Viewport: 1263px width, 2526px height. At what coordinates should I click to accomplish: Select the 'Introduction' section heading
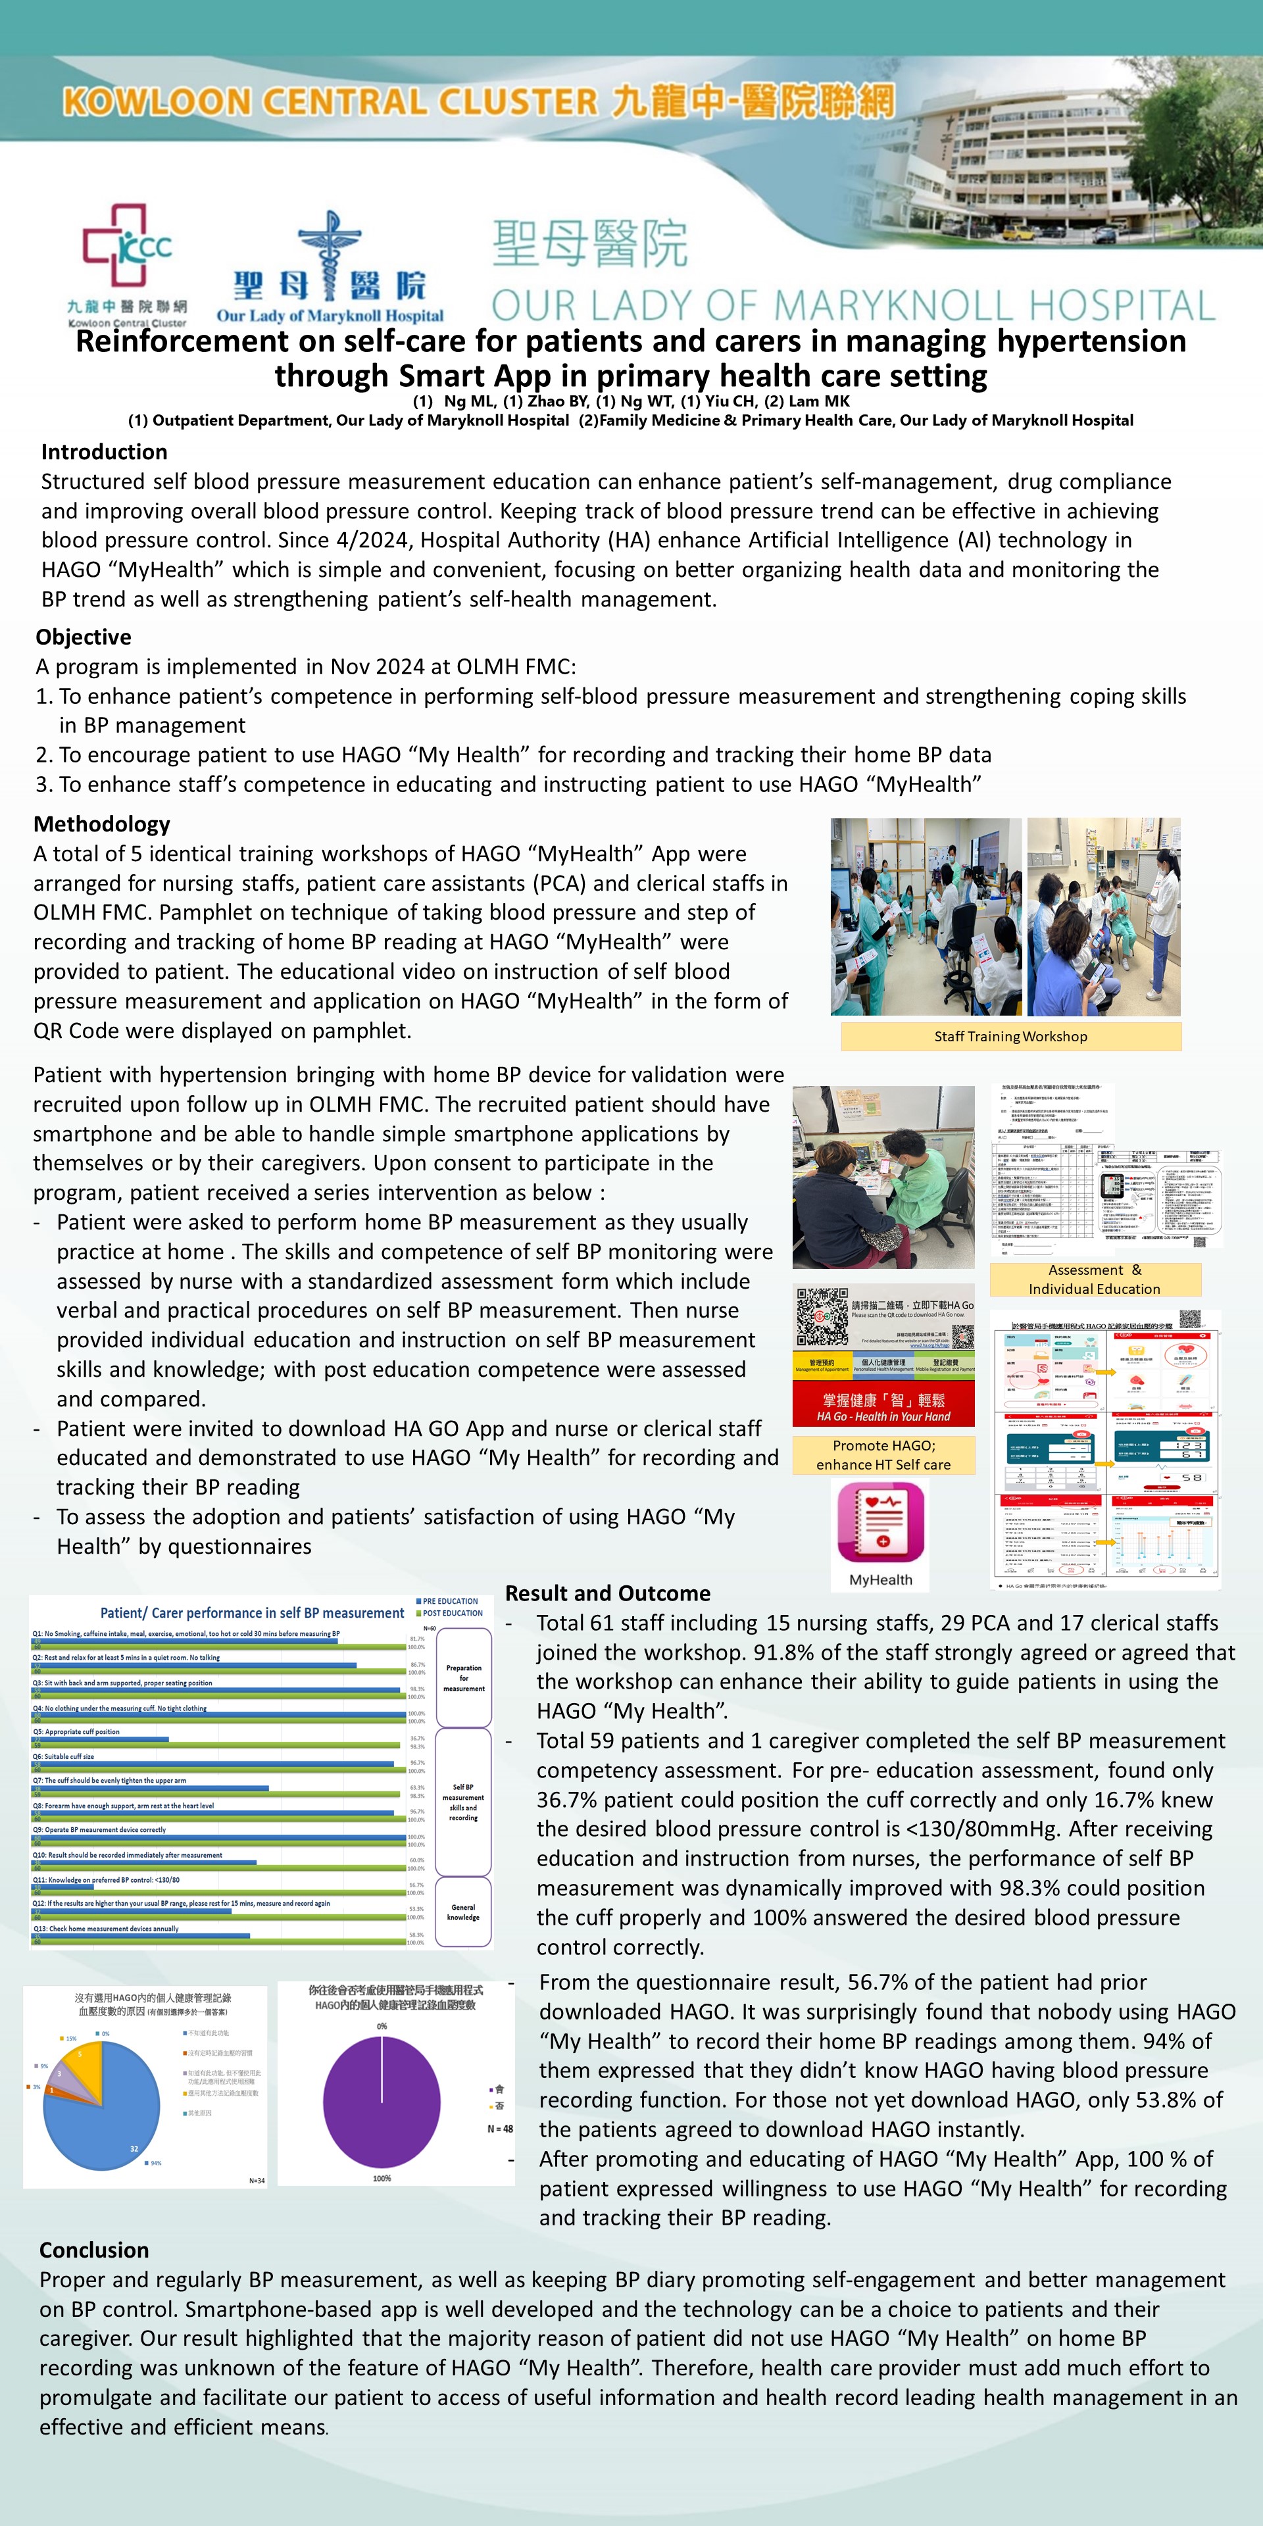pos(104,452)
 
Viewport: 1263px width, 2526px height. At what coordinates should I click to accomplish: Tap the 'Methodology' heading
pos(102,824)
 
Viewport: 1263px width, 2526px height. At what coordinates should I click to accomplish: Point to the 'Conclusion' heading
pos(94,2250)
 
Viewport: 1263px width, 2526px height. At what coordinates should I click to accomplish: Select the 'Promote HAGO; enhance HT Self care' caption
pos(883,1455)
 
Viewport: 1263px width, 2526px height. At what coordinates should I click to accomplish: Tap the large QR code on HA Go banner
pos(822,1316)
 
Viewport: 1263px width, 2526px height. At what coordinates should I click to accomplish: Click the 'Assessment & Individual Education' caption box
pos(1095,1279)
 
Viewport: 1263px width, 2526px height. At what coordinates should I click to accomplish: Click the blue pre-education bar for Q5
pos(100,1739)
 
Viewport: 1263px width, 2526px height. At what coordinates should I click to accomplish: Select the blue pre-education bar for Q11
pos(62,1887)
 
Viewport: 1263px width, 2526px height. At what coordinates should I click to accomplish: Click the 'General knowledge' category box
pos(463,1912)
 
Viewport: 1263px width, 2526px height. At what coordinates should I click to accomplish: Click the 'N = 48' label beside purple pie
pos(500,2129)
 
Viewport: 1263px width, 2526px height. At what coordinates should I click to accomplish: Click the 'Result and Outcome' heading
pos(607,1593)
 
